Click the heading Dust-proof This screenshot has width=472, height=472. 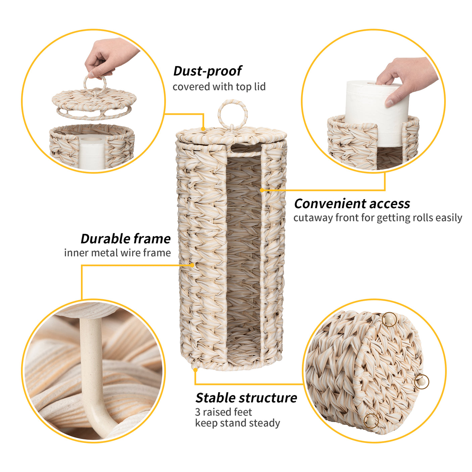point(207,71)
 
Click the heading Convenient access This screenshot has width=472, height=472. point(352,204)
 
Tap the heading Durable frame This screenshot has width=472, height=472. point(126,239)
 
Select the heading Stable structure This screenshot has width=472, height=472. point(246,398)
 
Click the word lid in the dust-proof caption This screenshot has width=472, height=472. point(259,87)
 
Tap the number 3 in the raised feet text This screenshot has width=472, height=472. point(198,412)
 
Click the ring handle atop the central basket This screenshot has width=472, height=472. point(232,114)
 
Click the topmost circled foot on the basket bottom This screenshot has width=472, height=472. point(389,319)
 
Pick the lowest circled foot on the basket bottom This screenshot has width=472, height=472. point(371,420)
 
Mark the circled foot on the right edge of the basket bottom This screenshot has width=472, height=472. point(421,382)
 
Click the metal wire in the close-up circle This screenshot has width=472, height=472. point(91,369)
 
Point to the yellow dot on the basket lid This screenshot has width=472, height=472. point(203,129)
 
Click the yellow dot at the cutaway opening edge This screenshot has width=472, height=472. point(262,190)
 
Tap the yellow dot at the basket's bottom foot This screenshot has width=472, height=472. point(195,369)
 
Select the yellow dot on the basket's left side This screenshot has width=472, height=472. point(192,265)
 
